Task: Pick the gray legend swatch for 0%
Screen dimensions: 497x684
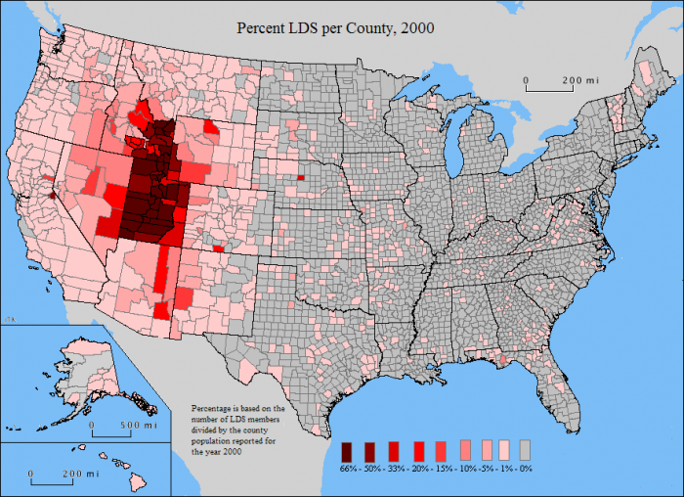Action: [x=526, y=450]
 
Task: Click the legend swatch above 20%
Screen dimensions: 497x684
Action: [x=419, y=450]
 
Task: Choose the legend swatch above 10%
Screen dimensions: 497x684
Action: [x=463, y=450]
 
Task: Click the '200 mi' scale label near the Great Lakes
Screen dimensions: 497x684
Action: [x=578, y=80]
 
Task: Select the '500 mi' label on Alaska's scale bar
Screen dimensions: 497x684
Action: [x=138, y=426]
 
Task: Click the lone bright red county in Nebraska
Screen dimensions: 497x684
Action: [x=301, y=177]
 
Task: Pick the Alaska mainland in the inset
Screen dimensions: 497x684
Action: [x=73, y=367]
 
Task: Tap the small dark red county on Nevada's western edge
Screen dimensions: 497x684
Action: [x=53, y=194]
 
